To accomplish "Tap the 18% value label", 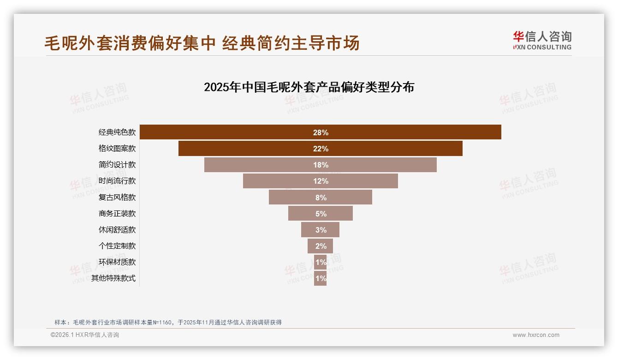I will point(321,165).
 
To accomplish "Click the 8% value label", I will point(321,198).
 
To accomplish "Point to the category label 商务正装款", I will point(117,214).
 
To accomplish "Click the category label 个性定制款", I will point(117,246).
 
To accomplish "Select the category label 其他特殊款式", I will point(113,278).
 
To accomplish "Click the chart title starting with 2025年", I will point(309,87).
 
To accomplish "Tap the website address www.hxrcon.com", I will point(536,335).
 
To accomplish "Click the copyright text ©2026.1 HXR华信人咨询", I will point(85,335).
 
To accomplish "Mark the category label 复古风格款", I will point(117,198).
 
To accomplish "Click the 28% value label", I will point(321,132).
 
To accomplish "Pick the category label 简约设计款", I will point(117,165).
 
